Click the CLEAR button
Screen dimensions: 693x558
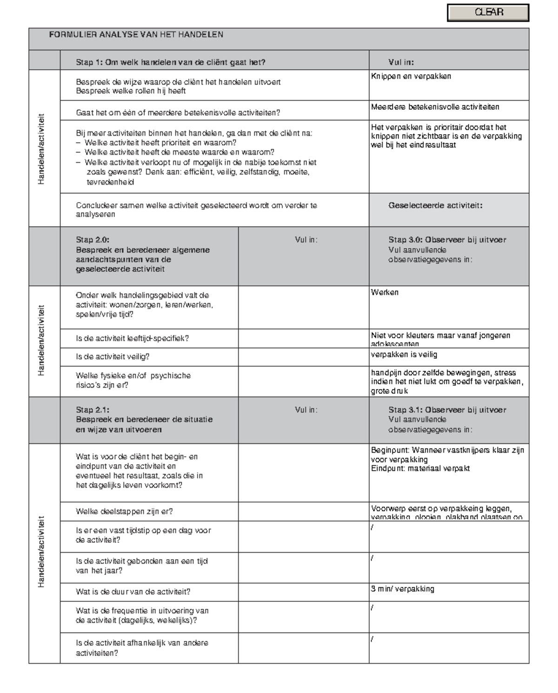click(x=488, y=13)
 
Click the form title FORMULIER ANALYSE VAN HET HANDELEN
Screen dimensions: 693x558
click(x=136, y=34)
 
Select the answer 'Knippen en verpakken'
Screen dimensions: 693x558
click(x=411, y=76)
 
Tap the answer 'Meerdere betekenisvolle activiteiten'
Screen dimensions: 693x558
click(x=435, y=107)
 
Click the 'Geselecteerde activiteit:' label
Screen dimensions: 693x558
click(x=435, y=205)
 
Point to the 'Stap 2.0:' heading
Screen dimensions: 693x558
click(x=93, y=240)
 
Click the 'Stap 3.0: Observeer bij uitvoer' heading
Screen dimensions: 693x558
click(x=447, y=240)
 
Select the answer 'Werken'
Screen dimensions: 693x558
click(x=385, y=292)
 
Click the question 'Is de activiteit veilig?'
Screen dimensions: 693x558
click(x=113, y=356)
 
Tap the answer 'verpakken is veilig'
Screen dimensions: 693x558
click(x=404, y=355)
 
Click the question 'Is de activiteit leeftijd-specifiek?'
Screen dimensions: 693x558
click(x=132, y=338)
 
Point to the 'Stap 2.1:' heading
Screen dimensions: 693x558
click(x=93, y=409)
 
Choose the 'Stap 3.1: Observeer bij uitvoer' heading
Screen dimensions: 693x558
click(x=447, y=409)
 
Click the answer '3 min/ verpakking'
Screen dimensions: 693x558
click(x=402, y=589)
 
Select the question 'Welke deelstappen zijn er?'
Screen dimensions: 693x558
click(x=124, y=511)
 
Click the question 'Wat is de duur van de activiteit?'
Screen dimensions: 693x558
click(x=133, y=592)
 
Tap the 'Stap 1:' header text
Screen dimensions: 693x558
click(x=90, y=62)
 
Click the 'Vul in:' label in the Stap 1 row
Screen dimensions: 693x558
click(x=401, y=62)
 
